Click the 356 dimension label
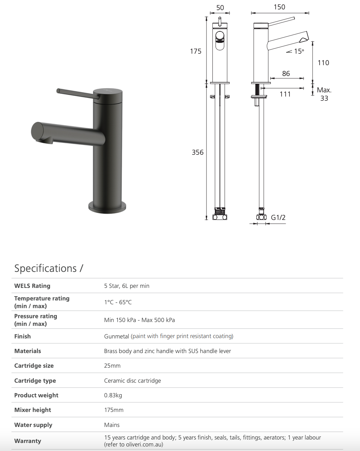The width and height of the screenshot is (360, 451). pos(197,152)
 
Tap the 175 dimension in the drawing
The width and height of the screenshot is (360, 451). pos(196,51)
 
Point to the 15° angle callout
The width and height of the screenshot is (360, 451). pos(299,52)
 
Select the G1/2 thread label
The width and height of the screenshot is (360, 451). pos(278,217)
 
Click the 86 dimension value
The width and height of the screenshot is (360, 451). pos(286,74)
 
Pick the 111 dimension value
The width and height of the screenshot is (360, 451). pos(285,94)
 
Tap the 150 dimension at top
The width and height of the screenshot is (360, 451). pos(279,7)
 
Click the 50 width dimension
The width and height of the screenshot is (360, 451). pos(220,8)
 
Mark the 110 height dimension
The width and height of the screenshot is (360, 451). pos(323,63)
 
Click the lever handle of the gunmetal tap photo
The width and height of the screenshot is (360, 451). pos(75,93)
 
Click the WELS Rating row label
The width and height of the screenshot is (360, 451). pos(32,286)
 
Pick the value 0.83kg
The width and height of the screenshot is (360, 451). pos(113,395)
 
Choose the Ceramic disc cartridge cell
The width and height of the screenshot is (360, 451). pos(133,381)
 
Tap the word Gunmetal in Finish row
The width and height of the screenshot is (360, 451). pos(117,336)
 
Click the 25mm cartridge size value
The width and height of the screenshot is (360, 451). pos(112,366)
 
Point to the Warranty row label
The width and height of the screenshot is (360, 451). pos(28,441)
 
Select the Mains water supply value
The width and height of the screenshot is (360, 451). pos(112,425)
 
